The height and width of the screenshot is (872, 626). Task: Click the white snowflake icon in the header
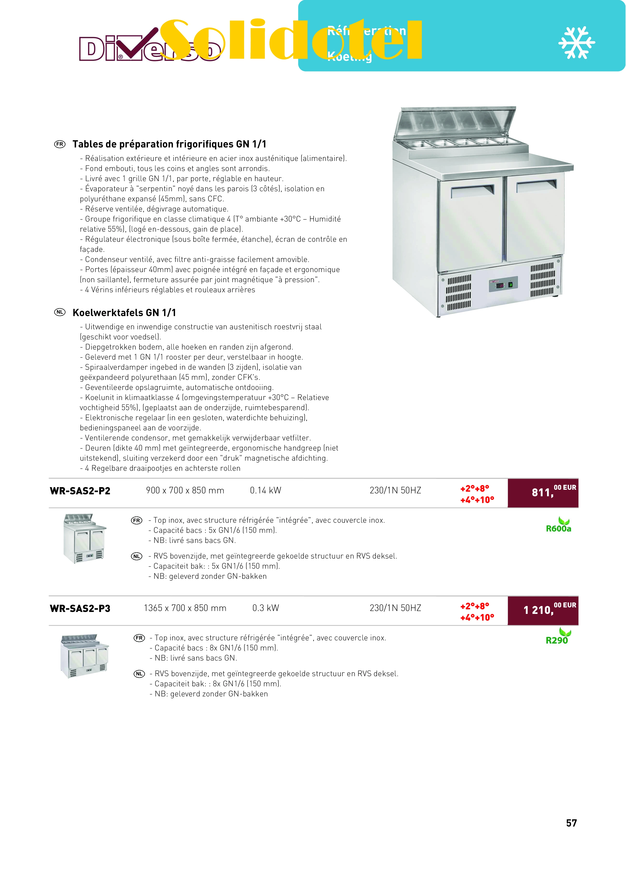pyautogui.click(x=576, y=43)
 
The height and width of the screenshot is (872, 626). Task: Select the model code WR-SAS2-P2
pyautogui.click(x=80, y=491)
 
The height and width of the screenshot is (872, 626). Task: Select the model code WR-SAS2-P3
pyautogui.click(x=80, y=609)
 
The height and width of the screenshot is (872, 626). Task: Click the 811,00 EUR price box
pyautogui.click(x=542, y=493)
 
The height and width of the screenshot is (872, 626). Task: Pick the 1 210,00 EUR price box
pyautogui.click(x=542, y=611)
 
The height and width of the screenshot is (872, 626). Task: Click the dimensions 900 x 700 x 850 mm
pyautogui.click(x=185, y=490)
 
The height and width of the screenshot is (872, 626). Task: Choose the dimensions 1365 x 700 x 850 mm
pyautogui.click(x=185, y=608)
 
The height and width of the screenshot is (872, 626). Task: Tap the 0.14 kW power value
pyautogui.click(x=266, y=490)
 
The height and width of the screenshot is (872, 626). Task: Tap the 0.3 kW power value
pyautogui.click(x=266, y=608)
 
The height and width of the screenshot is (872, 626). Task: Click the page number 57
pyautogui.click(x=571, y=823)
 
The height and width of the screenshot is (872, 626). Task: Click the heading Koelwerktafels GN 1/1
pyautogui.click(x=124, y=312)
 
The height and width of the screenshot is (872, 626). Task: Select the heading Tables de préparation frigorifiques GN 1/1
pyautogui.click(x=169, y=144)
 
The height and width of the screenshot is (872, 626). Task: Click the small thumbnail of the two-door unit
pyautogui.click(x=85, y=538)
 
